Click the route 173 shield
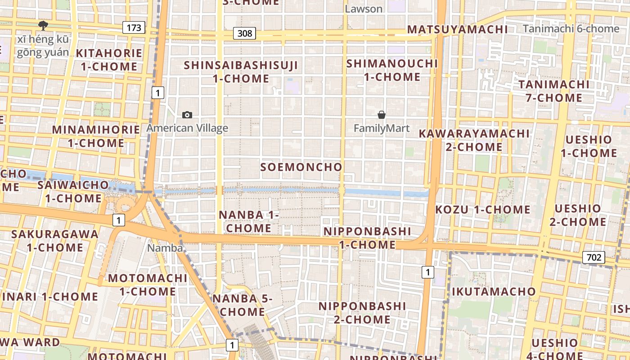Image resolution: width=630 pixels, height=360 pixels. [x=134, y=27]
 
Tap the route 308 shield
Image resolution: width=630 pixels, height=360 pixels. [x=244, y=33]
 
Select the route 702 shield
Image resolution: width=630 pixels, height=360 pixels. [x=594, y=257]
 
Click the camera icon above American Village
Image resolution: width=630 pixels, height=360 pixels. [x=187, y=115]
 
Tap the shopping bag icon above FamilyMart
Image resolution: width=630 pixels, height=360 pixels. [x=382, y=115]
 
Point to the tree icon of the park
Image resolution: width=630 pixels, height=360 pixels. [x=43, y=25]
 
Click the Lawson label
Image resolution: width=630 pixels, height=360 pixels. [x=364, y=9]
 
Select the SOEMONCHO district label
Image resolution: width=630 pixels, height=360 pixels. [x=301, y=167]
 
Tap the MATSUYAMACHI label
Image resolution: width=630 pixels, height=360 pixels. [x=457, y=30]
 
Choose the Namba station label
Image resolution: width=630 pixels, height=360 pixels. [x=165, y=248]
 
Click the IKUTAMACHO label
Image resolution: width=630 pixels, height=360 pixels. [x=494, y=292]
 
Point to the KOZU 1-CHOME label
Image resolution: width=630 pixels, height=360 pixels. [x=483, y=209]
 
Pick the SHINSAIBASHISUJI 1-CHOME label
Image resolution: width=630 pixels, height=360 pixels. [x=241, y=72]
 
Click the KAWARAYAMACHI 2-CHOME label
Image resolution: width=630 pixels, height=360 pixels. [x=474, y=140]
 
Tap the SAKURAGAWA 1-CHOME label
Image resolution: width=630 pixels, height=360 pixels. [x=55, y=241]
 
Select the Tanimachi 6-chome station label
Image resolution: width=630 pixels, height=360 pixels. [x=571, y=29]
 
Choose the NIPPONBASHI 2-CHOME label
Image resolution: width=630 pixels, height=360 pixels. [x=362, y=313]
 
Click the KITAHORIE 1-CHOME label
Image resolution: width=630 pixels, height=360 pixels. [x=109, y=60]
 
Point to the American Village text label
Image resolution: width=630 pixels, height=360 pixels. [x=187, y=128]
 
